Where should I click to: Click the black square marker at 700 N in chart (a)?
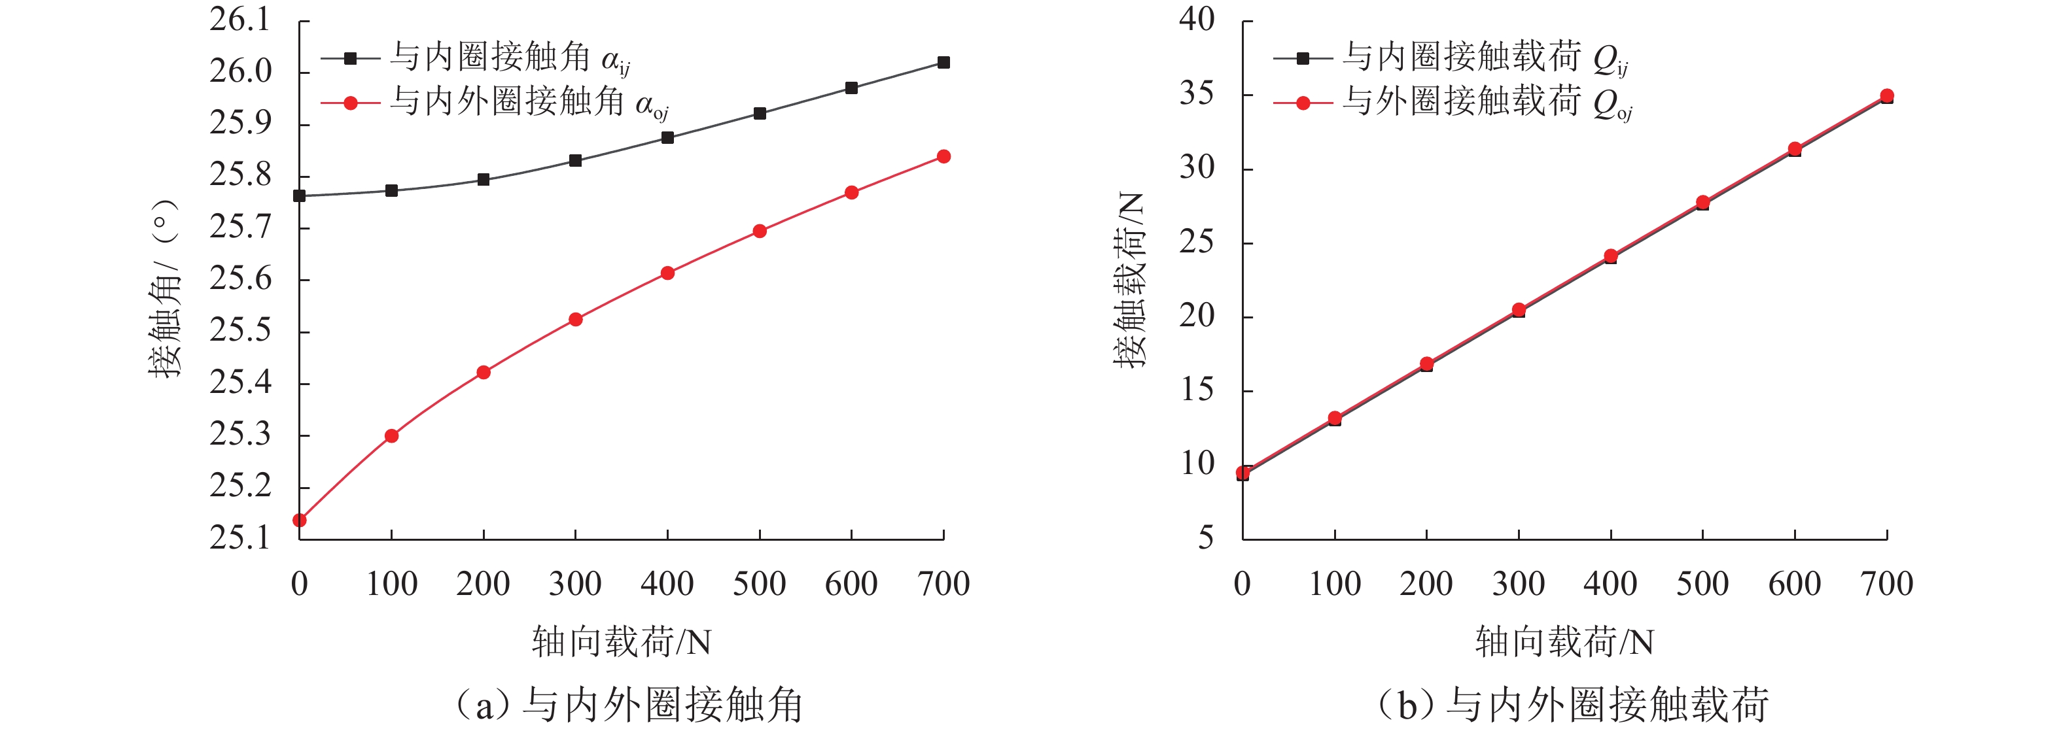[x=943, y=62]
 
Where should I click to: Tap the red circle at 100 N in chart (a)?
[x=391, y=436]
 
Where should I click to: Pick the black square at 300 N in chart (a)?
[x=575, y=161]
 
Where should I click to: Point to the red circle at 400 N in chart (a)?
[x=667, y=273]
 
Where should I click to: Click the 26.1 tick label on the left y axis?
[x=240, y=20]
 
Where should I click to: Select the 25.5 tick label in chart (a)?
[x=240, y=330]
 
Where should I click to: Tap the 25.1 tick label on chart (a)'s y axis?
[x=240, y=537]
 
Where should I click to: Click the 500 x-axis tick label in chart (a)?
[x=759, y=585]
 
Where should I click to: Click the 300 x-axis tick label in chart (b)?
[x=1518, y=585]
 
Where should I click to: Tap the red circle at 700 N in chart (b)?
[x=1886, y=96]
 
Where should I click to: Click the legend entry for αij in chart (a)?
[x=477, y=58]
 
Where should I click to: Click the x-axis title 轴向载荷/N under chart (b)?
[x=1564, y=642]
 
